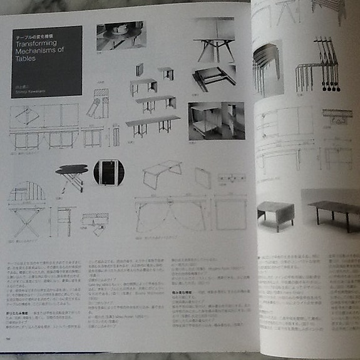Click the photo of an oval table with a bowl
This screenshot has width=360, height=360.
[120, 36]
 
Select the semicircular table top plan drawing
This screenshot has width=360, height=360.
[27, 193]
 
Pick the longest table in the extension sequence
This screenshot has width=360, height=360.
[152, 122]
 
